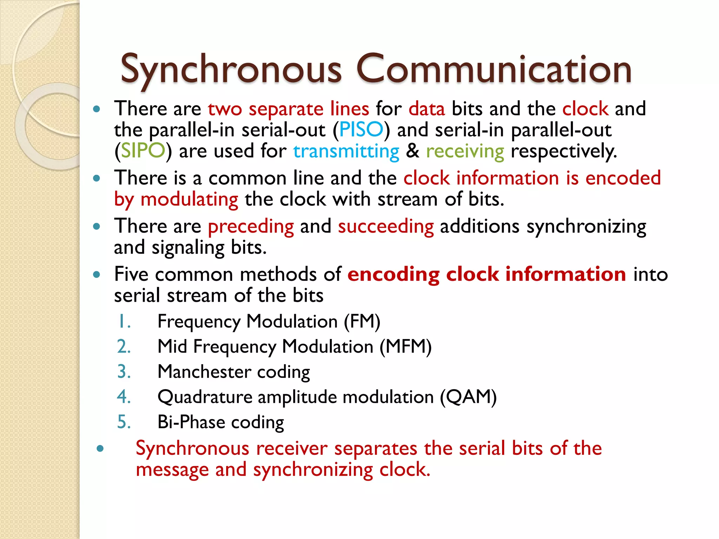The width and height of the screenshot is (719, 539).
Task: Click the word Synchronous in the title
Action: click(231, 69)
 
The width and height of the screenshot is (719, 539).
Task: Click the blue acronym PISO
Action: click(361, 129)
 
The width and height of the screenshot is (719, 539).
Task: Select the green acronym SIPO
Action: click(143, 151)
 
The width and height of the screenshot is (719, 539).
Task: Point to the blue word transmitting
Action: click(346, 152)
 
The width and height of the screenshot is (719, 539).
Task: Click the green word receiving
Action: click(465, 152)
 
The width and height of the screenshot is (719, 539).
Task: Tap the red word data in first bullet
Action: click(427, 108)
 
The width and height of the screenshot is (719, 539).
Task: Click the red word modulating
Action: click(189, 200)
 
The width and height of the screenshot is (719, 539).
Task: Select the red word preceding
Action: click(251, 226)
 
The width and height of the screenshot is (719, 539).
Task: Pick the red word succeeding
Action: click(385, 226)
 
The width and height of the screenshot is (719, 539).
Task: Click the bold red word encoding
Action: click(393, 274)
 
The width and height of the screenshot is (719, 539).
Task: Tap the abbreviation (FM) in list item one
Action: click(362, 321)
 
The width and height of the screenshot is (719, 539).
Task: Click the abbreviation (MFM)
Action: click(405, 347)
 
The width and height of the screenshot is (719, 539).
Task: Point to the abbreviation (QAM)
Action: click(468, 397)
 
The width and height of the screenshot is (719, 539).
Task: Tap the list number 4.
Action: click(124, 397)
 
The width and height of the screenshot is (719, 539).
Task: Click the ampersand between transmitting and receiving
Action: click(413, 151)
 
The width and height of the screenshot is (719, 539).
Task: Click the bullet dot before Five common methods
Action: click(97, 274)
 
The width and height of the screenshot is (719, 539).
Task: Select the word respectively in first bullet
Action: click(563, 152)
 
